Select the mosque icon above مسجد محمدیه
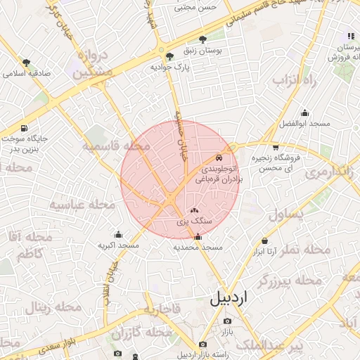(197, 237)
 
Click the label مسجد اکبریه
(119, 245)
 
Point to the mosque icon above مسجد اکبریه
(118, 235)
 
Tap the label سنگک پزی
(195, 221)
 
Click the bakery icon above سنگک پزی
(195, 210)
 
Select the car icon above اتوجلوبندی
(219, 158)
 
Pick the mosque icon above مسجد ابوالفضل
(304, 112)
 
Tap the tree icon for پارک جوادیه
(168, 56)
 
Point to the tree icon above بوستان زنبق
(203, 39)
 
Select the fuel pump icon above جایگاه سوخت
(25, 129)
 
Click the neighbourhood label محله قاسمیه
(117, 146)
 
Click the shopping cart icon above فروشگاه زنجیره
(275, 147)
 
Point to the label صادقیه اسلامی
(27, 73)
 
